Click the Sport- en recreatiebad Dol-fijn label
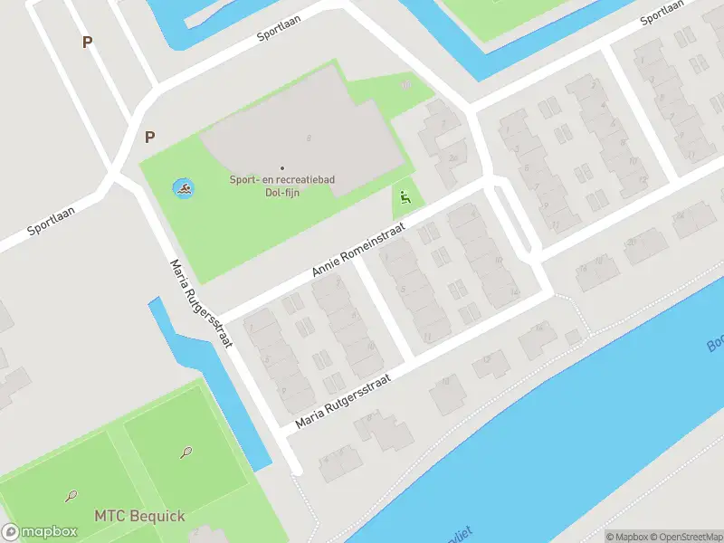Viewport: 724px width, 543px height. coord(281,186)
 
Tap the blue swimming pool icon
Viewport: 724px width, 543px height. coord(184,189)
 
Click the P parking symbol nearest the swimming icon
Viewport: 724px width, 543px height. coord(150,138)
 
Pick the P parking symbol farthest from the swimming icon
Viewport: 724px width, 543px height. coord(88,42)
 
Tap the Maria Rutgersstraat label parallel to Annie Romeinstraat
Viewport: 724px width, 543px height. coord(342,402)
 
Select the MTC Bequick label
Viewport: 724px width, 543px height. coord(139,517)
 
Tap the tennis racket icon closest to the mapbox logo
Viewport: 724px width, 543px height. coord(71,495)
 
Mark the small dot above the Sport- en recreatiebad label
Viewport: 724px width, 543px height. coord(281,167)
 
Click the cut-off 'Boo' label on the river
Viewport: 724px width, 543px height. coord(715,345)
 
